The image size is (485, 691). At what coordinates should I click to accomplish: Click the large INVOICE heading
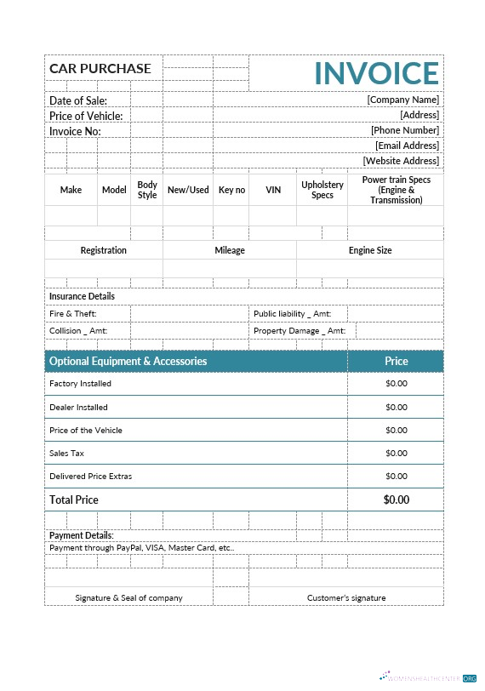point(377,73)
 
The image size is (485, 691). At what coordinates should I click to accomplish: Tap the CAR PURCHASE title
point(100,68)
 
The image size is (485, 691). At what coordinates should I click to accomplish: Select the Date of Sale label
point(77,100)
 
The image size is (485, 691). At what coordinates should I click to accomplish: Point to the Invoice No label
point(75,131)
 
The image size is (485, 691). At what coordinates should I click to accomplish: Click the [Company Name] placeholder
point(402,100)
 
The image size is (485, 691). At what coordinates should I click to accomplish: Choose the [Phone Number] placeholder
point(404,130)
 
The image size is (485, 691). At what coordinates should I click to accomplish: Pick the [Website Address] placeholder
point(401,161)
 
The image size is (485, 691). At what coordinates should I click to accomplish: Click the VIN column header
point(273,190)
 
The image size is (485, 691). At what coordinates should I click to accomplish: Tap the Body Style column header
point(147,190)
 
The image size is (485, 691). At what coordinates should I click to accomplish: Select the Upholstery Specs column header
point(322,190)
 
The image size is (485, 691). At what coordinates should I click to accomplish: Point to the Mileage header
point(230,250)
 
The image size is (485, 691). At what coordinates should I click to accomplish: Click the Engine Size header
point(370,250)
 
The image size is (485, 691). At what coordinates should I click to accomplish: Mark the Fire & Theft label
point(73,314)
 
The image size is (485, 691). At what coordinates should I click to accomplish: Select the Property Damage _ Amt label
point(299,331)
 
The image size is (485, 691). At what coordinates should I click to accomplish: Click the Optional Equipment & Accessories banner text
point(128,361)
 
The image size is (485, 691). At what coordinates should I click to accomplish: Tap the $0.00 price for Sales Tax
point(397,454)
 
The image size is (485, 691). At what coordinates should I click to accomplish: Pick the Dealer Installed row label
point(78,408)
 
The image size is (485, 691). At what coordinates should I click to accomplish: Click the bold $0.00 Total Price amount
point(397,500)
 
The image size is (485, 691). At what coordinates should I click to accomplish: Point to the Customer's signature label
point(346,597)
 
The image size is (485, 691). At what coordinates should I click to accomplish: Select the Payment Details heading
point(81,535)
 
